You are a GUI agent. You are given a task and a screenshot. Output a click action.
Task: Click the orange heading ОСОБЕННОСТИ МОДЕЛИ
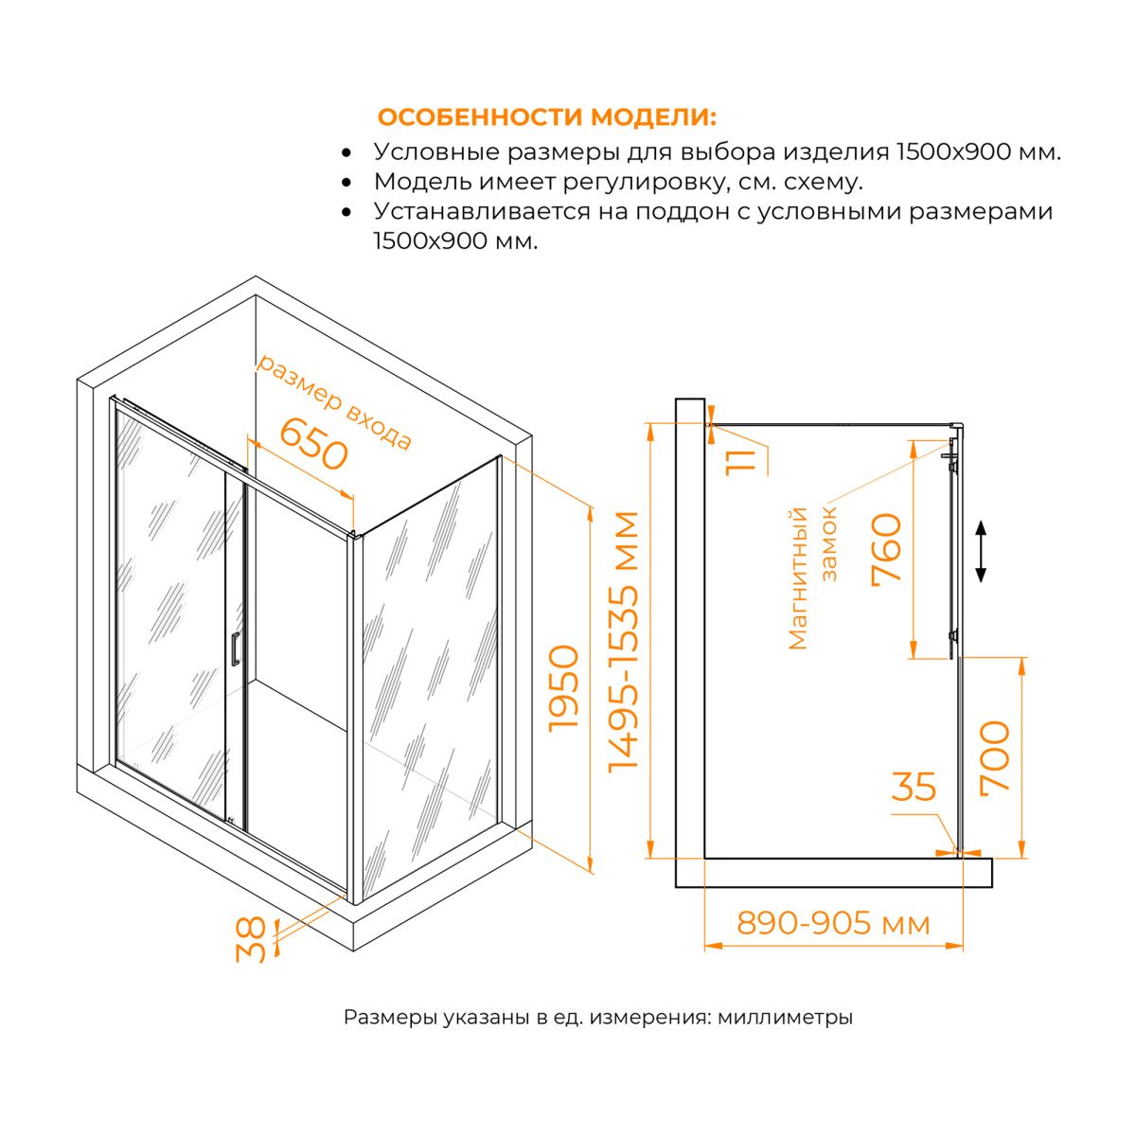547,117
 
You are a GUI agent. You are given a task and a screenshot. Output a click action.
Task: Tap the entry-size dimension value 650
313,444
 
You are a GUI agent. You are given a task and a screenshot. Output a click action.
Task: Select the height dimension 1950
564,688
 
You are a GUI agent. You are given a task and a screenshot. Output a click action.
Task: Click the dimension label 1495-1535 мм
623,642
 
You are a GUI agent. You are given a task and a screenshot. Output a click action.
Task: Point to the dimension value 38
252,940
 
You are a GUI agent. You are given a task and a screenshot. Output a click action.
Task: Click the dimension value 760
887,549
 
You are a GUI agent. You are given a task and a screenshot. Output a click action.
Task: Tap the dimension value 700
995,758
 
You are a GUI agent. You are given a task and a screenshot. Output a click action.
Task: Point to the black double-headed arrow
981,551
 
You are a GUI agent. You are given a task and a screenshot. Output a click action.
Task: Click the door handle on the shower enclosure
235,648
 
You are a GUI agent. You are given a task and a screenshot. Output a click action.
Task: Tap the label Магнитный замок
812,577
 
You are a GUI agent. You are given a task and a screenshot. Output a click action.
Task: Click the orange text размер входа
334,402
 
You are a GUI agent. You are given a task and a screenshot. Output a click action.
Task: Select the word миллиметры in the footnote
785,1018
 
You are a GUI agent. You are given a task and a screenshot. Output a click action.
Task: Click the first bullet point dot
347,153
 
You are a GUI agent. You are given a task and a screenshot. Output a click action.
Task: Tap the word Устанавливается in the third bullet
482,211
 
